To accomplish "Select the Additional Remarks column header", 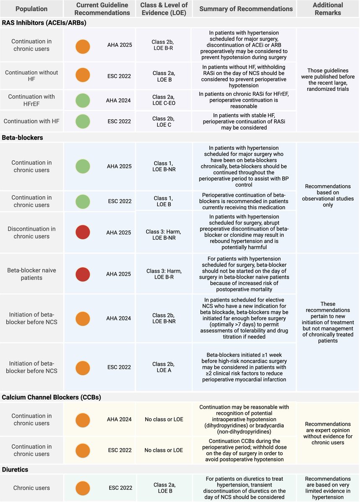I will [x=328, y=8].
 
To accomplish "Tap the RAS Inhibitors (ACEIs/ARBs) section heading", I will [x=44, y=23].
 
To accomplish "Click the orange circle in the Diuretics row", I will [x=83, y=488].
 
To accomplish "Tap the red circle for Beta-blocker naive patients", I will [x=83, y=274].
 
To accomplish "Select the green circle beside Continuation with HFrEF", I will [x=83, y=101].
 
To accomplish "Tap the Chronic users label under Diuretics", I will [x=31, y=488].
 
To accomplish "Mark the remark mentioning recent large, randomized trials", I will [x=328, y=79].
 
